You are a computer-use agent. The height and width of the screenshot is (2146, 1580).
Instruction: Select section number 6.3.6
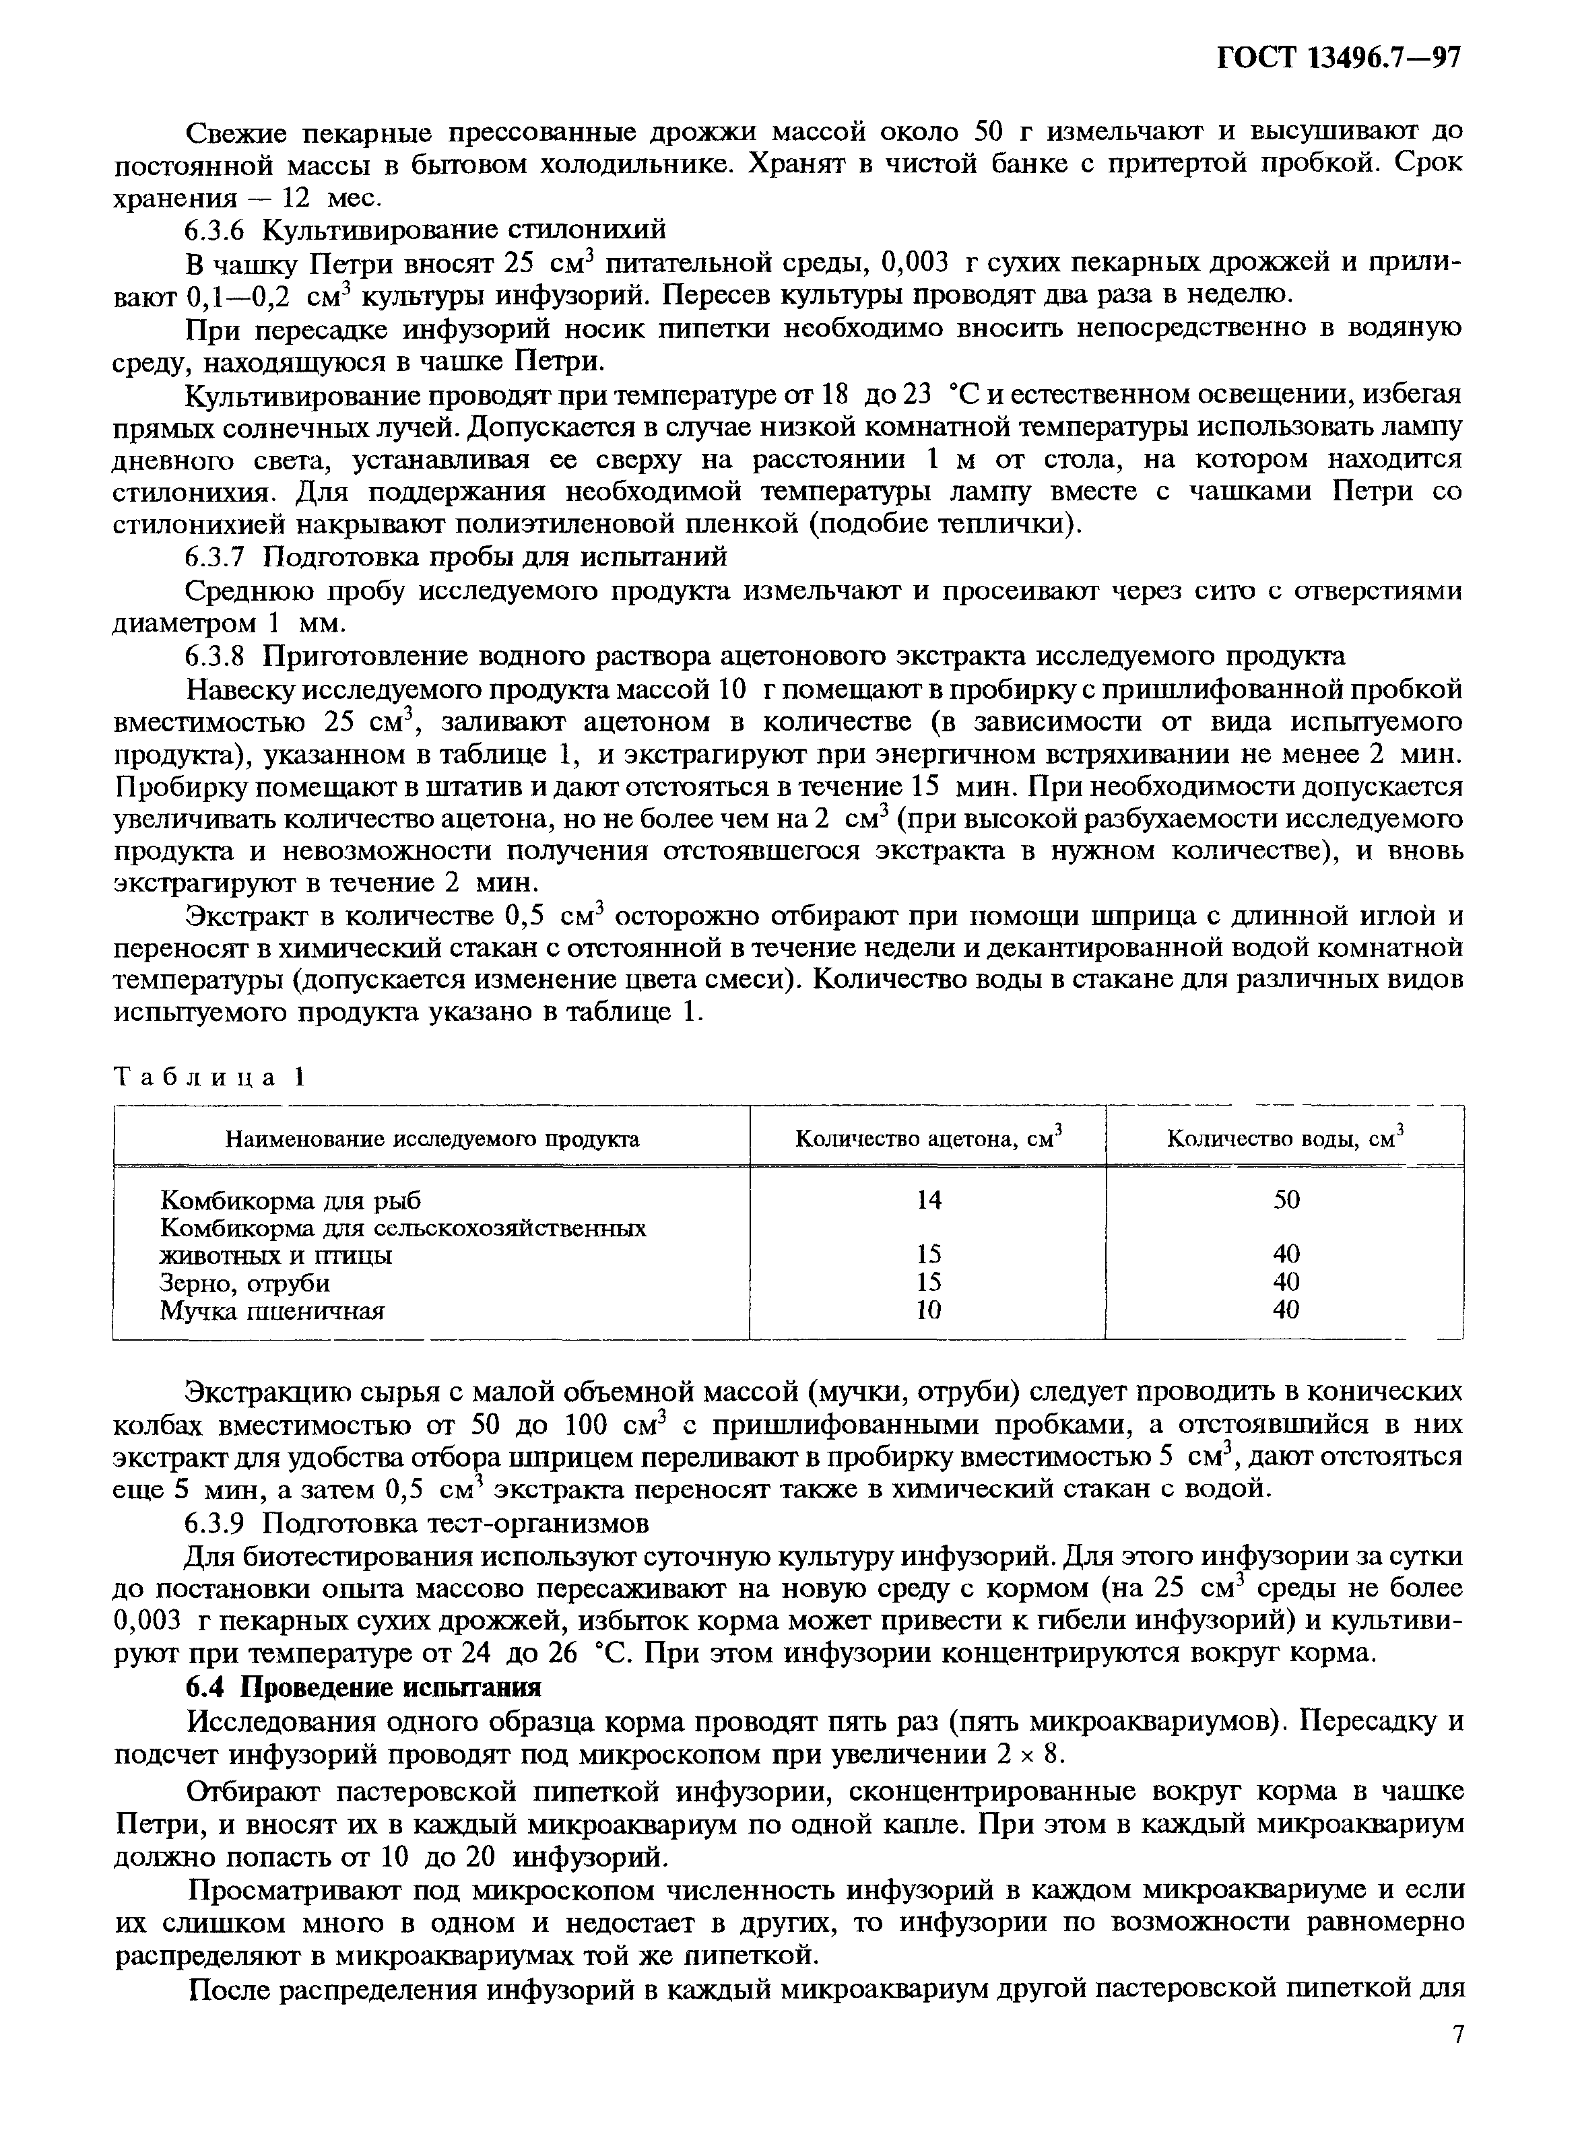pos(218,230)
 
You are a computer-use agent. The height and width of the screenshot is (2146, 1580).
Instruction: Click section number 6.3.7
pos(218,557)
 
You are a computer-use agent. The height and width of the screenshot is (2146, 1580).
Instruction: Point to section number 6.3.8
pos(218,656)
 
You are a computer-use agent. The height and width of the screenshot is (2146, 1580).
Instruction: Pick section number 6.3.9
pos(218,1522)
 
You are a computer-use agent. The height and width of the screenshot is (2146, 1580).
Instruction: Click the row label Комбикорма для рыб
pos(290,1200)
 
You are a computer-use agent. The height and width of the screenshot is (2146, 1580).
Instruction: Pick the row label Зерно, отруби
pos(245,1283)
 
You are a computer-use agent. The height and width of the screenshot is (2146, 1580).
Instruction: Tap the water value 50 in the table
pos(1286,1200)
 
